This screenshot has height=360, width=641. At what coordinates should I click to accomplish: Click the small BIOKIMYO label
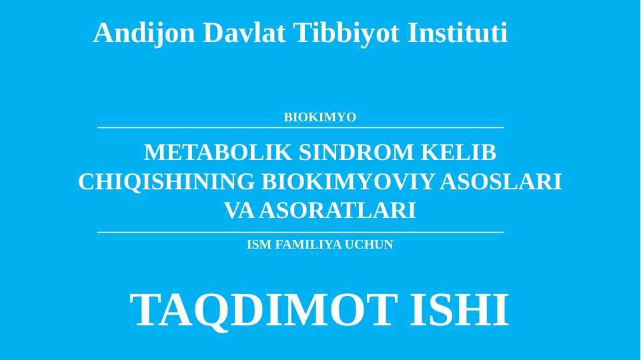[x=320, y=117]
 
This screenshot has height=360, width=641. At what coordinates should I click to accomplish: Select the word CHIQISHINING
[x=166, y=181]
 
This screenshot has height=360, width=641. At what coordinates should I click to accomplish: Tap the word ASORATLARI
[x=338, y=211]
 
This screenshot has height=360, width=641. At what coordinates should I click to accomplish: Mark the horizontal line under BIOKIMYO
[x=300, y=127]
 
